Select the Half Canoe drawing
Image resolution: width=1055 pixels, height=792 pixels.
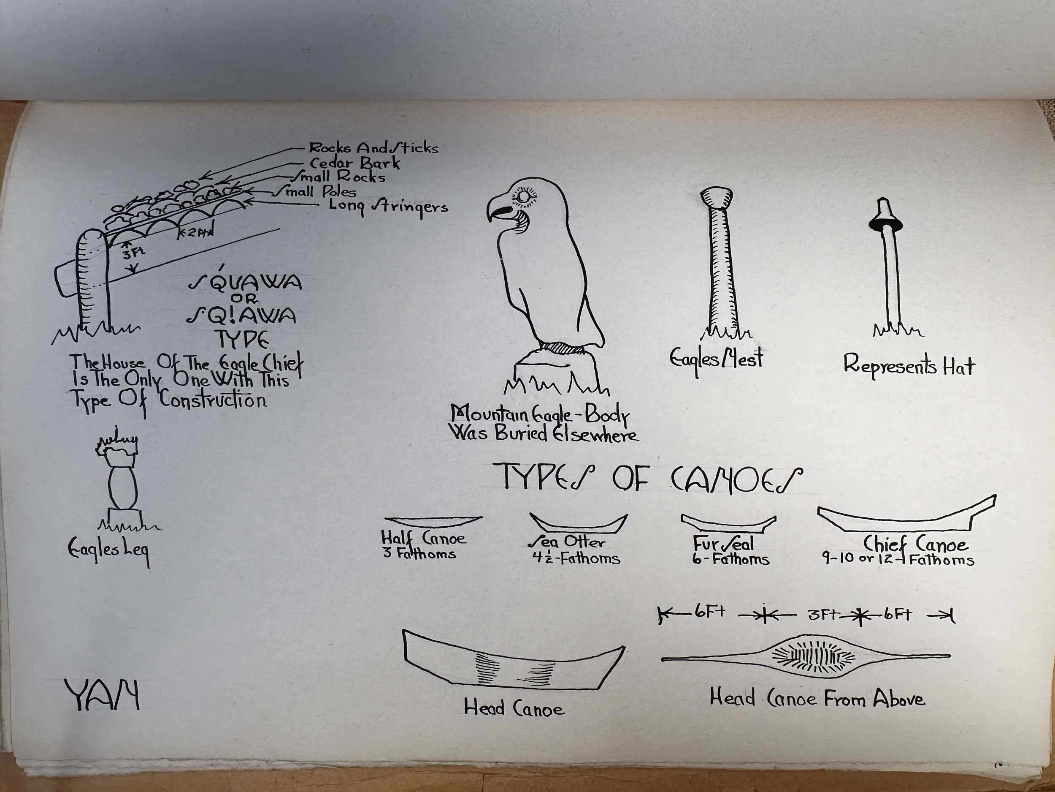(433, 520)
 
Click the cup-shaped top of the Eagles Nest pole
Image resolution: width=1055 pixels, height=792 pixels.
(717, 196)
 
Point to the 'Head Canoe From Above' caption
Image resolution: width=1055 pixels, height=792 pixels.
(817, 699)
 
